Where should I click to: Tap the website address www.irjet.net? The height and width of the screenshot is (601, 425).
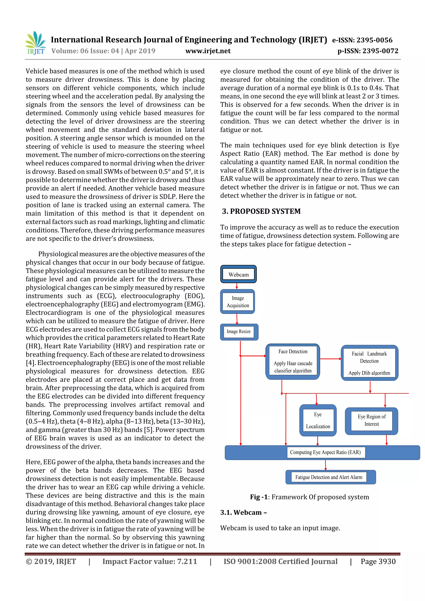tap(208, 51)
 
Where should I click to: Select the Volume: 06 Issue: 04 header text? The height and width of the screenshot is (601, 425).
tap(103, 51)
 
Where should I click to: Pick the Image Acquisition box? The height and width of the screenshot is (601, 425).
tap(238, 302)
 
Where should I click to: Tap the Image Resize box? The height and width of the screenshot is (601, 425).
tap(239, 332)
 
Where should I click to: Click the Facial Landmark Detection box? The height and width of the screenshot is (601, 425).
tap(369, 363)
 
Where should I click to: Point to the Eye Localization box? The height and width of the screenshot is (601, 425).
tap(318, 420)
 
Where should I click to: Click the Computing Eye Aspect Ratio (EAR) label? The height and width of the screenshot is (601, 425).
tap(325, 452)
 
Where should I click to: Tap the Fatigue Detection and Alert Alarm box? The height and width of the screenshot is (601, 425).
tap(329, 477)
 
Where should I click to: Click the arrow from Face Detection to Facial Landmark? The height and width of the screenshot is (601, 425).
tap(330, 359)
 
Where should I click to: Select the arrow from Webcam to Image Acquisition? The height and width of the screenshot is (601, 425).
tap(237, 286)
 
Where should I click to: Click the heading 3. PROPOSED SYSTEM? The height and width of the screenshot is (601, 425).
tap(261, 211)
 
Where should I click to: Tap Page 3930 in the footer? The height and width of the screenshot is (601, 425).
tap(378, 561)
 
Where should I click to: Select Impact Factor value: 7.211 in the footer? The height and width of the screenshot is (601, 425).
tap(150, 561)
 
